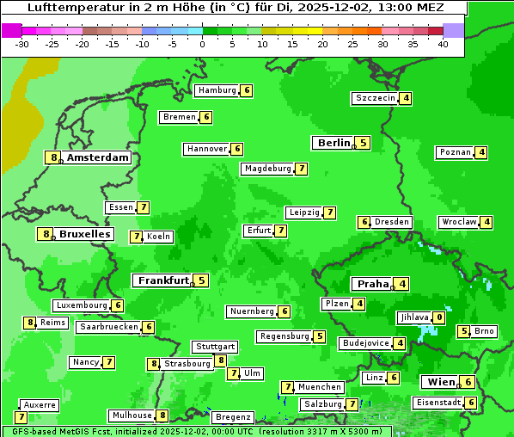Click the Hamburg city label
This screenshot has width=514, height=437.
click(x=216, y=90)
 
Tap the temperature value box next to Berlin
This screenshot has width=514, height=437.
click(x=364, y=143)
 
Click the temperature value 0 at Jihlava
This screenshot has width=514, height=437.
click(x=439, y=317)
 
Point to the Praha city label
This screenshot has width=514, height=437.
click(x=373, y=284)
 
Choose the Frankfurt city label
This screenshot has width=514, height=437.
click(x=163, y=280)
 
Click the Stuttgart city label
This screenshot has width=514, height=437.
click(x=215, y=347)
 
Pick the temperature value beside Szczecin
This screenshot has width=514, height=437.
click(x=406, y=98)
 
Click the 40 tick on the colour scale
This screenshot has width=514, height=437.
click(x=443, y=43)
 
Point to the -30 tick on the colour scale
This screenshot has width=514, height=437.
click(x=22, y=43)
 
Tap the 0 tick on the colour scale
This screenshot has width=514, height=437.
click(x=203, y=43)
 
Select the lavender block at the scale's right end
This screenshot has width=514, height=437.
click(x=454, y=30)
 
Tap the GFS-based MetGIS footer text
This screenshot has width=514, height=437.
click(x=60, y=430)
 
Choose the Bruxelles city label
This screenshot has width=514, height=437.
click(x=84, y=234)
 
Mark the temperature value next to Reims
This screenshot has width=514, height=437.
click(x=30, y=323)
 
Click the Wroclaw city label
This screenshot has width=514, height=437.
click(x=459, y=222)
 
